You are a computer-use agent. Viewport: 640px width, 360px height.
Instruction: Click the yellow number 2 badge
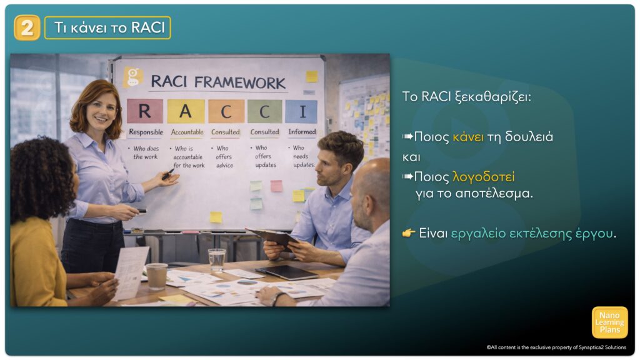point(27,27)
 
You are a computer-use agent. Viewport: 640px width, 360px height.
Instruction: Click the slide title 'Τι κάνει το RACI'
point(109,27)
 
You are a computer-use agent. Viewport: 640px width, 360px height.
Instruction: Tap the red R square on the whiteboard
point(145,111)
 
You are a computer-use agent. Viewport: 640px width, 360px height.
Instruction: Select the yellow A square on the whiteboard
point(186,111)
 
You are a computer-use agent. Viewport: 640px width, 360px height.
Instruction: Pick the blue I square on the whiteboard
point(302,111)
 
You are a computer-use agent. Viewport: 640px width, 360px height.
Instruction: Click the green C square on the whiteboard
point(264,111)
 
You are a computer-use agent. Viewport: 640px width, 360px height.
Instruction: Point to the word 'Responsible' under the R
point(146,132)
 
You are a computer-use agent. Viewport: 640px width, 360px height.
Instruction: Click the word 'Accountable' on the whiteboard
point(187,132)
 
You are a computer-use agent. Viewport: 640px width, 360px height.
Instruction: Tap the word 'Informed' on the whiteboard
point(302,131)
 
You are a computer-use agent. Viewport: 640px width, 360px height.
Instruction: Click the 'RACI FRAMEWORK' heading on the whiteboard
point(218,82)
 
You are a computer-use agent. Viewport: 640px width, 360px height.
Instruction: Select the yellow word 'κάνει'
point(468,137)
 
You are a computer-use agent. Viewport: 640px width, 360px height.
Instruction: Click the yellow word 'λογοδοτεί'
point(484,177)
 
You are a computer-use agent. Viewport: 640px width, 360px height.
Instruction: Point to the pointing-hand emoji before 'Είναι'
point(409,233)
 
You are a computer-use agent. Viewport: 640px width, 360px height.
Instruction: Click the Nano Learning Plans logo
point(610,322)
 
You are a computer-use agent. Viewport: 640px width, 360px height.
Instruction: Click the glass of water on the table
point(216,259)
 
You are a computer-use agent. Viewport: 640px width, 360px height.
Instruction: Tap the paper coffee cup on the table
point(157,276)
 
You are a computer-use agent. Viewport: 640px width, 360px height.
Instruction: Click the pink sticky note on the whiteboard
point(276,186)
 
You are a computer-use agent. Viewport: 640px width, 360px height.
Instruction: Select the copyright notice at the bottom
point(556,347)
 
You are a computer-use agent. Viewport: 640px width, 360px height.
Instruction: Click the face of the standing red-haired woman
point(99,112)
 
